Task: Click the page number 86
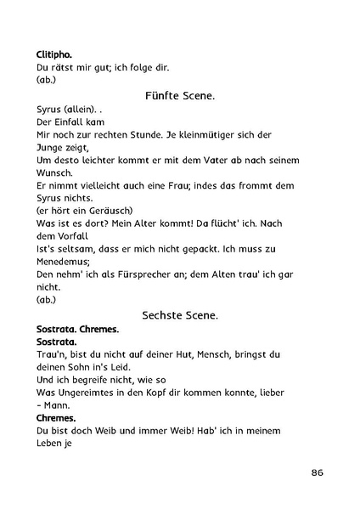coord(317,472)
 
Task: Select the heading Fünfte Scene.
coord(180,98)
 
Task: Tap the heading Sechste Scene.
coord(180,314)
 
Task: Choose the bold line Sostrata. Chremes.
coord(77,327)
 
